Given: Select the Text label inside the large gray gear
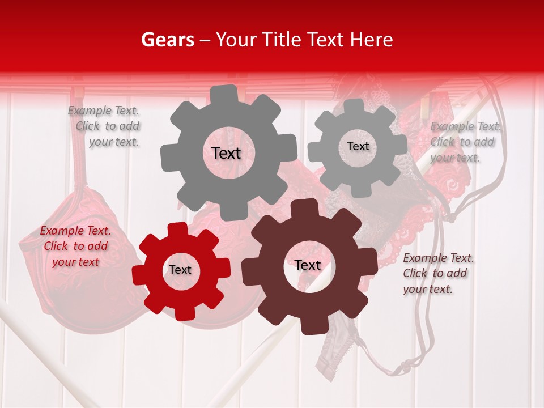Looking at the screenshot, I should point(226,153).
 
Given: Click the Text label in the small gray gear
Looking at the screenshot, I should point(358,146).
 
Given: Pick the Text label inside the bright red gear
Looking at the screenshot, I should point(180,270).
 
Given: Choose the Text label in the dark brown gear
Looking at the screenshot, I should point(308,265).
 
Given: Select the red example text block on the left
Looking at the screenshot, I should point(75,246).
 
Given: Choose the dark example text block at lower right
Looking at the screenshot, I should point(437,273).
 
